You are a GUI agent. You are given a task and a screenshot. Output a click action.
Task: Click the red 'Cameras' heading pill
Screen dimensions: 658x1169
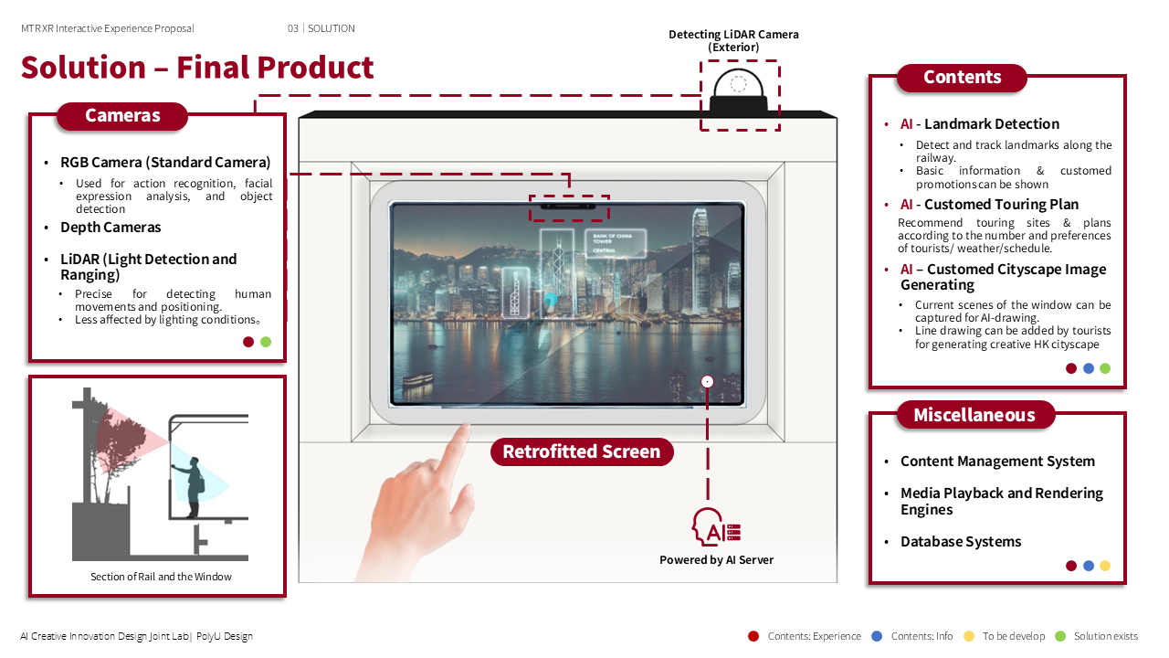click(x=122, y=116)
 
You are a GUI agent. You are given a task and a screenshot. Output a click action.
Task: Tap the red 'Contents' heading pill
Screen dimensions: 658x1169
click(x=962, y=78)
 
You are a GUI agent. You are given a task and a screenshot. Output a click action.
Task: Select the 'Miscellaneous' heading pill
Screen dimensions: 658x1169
click(x=974, y=415)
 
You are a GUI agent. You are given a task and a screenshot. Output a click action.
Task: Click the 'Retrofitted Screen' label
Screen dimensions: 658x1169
click(x=582, y=451)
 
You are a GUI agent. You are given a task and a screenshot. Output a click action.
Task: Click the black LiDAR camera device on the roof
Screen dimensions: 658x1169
click(x=740, y=93)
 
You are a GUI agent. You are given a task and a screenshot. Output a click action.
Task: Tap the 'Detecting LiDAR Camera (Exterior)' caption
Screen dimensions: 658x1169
click(x=733, y=40)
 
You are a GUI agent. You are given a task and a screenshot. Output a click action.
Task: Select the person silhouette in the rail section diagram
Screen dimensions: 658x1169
click(x=193, y=485)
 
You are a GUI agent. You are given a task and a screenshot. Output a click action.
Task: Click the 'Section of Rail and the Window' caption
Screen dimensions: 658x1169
click(x=161, y=577)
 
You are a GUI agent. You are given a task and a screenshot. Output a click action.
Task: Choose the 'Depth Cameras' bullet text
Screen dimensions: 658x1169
click(x=111, y=228)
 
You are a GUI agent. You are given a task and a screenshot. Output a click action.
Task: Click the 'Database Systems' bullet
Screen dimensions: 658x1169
click(x=961, y=542)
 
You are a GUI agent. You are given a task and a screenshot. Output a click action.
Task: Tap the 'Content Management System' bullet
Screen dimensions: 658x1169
click(x=997, y=462)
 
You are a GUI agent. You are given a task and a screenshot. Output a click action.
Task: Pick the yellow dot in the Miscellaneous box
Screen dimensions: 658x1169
click(x=1105, y=566)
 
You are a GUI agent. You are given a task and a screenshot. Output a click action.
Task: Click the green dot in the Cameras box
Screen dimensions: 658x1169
click(x=266, y=342)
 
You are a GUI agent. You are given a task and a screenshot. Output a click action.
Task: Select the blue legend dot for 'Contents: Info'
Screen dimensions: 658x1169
click(x=877, y=636)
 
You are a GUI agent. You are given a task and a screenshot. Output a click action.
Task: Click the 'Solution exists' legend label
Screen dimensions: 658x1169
click(x=1105, y=636)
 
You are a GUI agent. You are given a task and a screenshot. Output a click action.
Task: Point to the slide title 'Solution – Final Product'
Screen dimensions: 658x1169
click(x=197, y=68)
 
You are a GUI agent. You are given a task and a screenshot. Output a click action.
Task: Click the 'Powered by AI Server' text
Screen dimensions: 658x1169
click(x=716, y=560)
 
